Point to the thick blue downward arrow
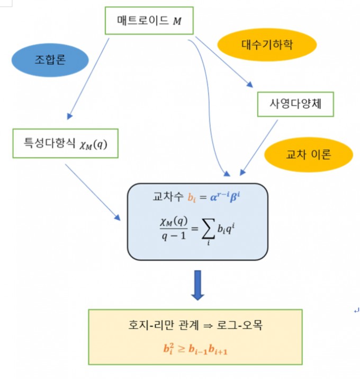(197, 285)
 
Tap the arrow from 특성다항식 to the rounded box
(92, 191)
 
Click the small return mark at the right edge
(356, 311)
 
